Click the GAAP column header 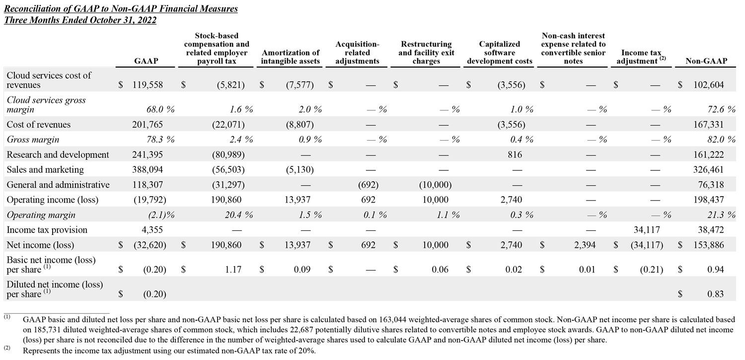tap(147, 61)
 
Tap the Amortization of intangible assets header tap(291, 57)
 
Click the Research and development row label tap(58, 154)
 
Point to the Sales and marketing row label tap(45, 170)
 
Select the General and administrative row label tap(58, 185)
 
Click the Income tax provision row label tap(47, 230)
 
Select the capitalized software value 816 tap(515, 154)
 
